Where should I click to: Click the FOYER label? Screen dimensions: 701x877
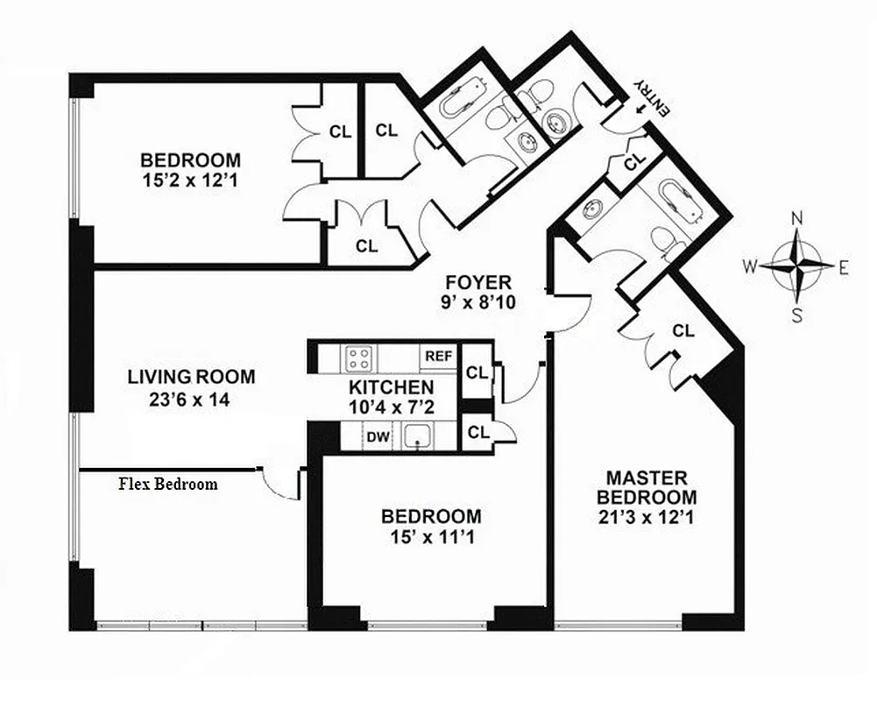pyautogui.click(x=477, y=282)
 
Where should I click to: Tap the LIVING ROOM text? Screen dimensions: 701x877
pyautogui.click(x=192, y=378)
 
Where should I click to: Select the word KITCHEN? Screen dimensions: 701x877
pyautogui.click(x=391, y=386)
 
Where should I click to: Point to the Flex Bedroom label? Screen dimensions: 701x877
pyautogui.click(x=168, y=484)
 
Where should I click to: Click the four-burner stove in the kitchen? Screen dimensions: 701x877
pyautogui.click(x=359, y=358)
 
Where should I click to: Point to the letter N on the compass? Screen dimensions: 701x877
pyautogui.click(x=796, y=219)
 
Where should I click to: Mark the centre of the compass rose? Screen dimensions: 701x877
pyautogui.click(x=796, y=266)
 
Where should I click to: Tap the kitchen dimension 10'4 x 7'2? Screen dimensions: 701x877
pyautogui.click(x=391, y=406)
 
